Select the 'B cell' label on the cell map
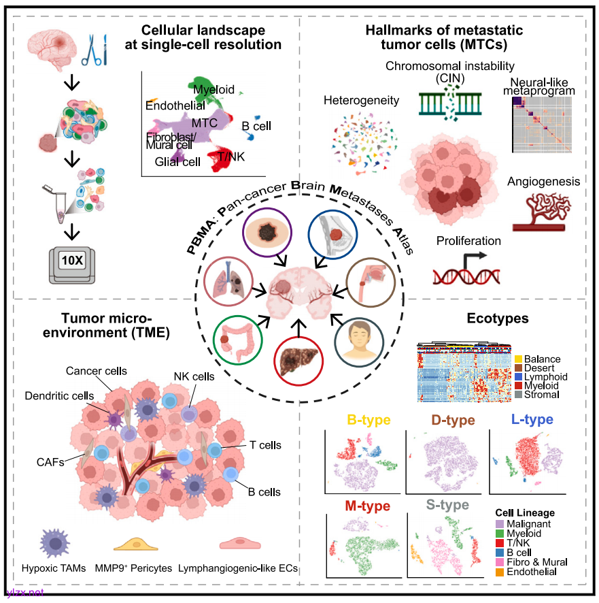256,126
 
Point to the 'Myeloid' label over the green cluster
214,90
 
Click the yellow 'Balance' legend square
519,359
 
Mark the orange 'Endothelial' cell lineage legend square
499,572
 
